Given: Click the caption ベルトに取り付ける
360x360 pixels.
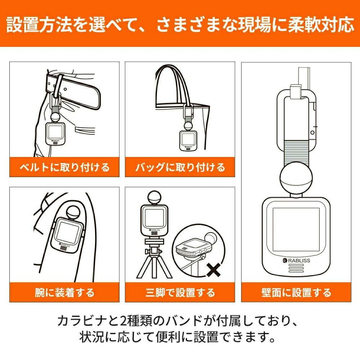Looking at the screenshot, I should pyautogui.click(x=64, y=167).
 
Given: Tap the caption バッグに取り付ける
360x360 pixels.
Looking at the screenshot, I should pyautogui.click(x=180, y=167).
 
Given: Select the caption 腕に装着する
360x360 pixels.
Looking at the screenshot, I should pyautogui.click(x=64, y=292).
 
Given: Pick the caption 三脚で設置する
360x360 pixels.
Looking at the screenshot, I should pyautogui.click(x=180, y=292).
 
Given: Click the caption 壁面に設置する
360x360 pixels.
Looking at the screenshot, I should pyautogui.click(x=296, y=292).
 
